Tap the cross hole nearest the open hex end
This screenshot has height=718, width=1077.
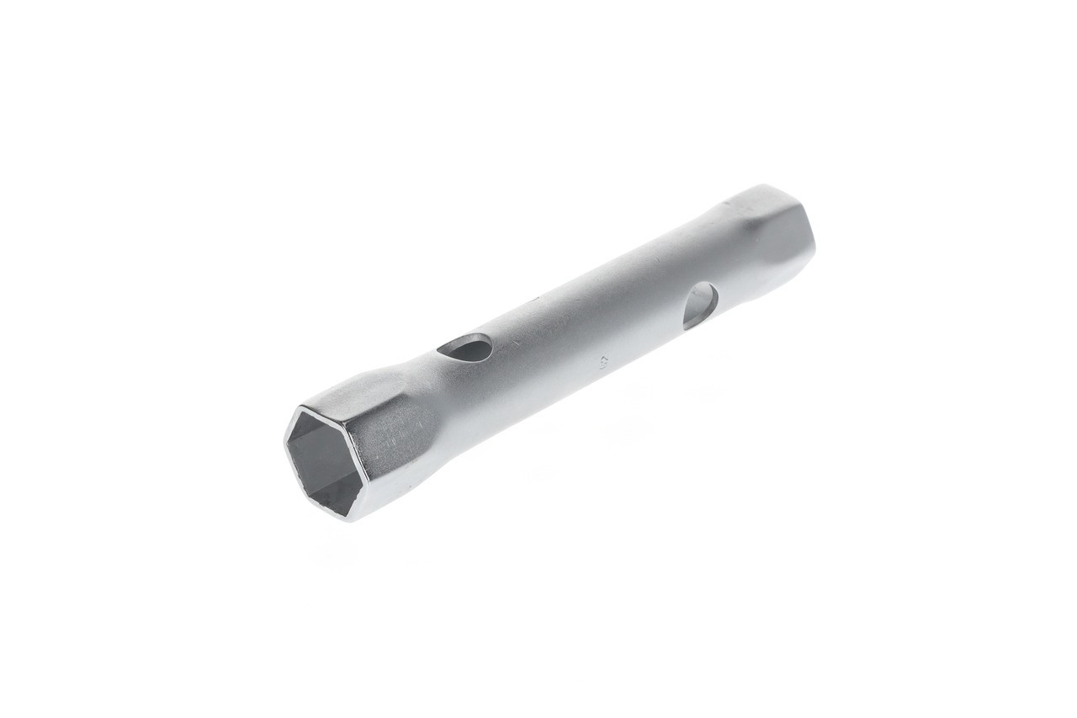(x=464, y=348)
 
